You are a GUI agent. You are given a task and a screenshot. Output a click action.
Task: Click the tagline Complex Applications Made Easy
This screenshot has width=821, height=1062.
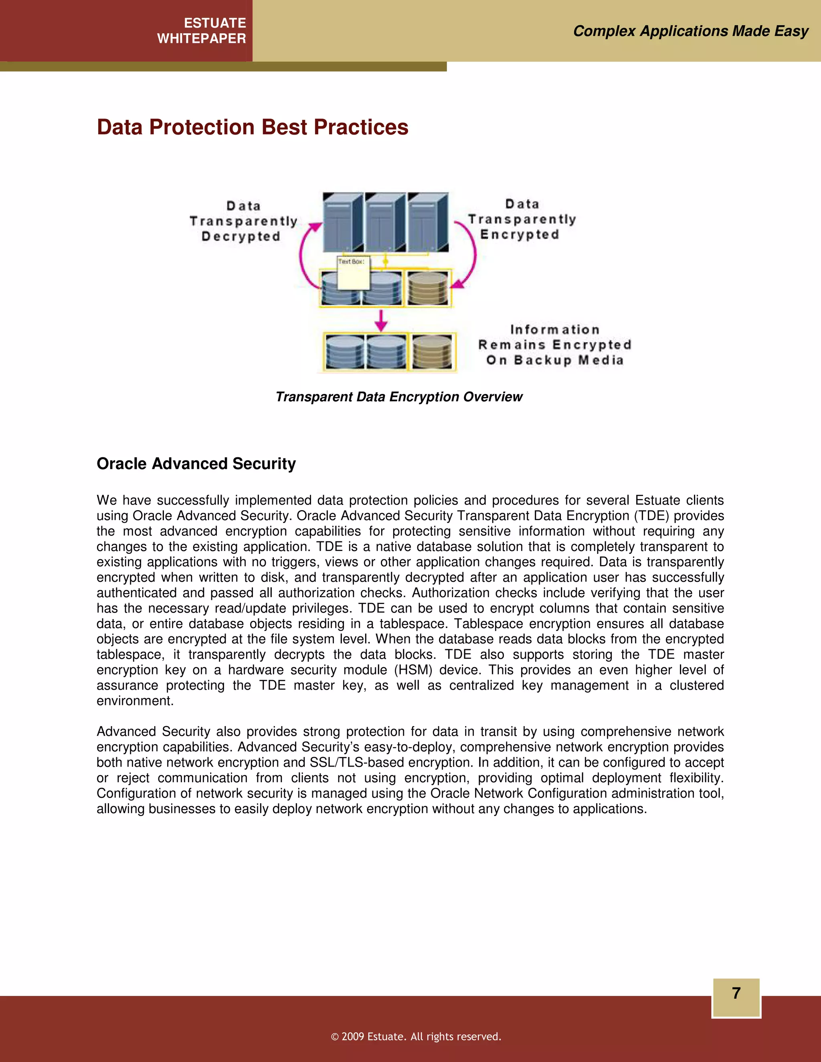point(690,31)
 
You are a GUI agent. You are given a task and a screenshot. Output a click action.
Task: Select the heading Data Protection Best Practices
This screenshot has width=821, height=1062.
point(253,127)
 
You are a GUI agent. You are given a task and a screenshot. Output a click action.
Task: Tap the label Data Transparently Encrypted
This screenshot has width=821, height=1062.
point(522,219)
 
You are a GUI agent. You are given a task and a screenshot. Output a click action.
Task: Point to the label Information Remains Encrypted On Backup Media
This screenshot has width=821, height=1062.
point(554,345)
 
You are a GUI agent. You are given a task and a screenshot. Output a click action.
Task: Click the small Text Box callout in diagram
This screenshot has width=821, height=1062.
point(353,273)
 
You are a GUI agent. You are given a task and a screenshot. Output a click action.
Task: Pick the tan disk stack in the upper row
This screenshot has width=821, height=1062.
point(427,289)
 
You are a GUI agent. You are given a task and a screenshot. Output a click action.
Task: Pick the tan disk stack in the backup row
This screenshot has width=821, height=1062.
point(432,351)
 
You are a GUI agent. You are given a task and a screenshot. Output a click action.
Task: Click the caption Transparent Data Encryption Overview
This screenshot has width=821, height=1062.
point(399,397)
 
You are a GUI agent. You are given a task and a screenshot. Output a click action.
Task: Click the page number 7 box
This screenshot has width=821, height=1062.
point(736,998)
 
